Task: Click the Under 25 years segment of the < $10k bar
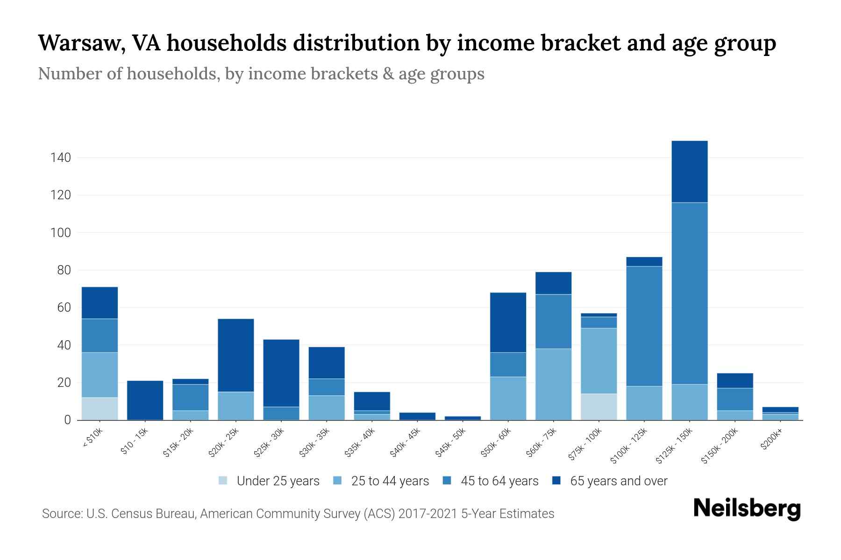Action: click(x=100, y=409)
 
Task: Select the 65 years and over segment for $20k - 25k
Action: click(x=236, y=355)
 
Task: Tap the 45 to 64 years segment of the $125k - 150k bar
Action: click(x=690, y=293)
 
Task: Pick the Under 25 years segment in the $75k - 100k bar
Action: click(x=599, y=407)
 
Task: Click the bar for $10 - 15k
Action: click(x=145, y=400)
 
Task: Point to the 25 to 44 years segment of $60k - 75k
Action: click(x=553, y=384)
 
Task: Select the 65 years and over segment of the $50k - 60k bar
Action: click(x=508, y=322)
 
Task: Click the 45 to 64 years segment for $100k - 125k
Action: click(x=644, y=326)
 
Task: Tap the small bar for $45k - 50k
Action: click(x=463, y=418)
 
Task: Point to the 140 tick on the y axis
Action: click(x=61, y=158)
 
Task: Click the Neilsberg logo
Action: click(x=747, y=509)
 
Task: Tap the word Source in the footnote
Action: click(x=61, y=514)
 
